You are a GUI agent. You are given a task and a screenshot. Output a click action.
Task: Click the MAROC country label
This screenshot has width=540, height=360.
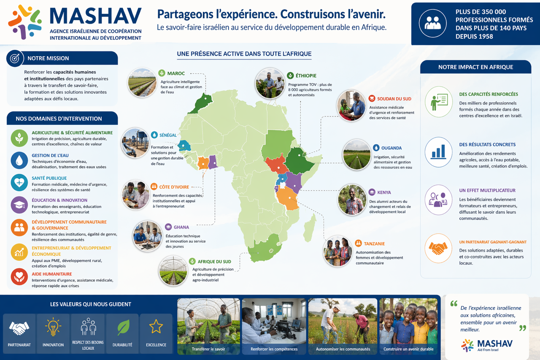point(176,73)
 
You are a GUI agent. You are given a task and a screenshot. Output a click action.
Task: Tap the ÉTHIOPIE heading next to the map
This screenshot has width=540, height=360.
point(306,76)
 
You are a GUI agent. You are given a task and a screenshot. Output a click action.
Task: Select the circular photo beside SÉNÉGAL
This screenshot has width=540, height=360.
point(135,142)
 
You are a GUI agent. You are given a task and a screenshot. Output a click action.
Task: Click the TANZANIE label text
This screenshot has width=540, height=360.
point(374,244)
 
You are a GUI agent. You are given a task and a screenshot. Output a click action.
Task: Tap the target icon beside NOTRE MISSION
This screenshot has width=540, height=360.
point(15,58)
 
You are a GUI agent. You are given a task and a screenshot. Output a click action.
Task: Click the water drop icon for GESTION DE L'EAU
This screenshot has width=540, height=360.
point(19,160)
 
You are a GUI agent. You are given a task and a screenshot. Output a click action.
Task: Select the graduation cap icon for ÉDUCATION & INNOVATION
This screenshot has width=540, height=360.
point(19,205)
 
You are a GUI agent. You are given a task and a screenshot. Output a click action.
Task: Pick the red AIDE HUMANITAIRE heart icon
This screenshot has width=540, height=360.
point(19,276)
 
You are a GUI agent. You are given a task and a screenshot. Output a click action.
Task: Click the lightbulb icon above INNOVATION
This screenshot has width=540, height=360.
point(53,327)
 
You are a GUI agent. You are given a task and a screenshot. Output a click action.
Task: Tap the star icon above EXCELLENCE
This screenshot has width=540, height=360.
point(156,326)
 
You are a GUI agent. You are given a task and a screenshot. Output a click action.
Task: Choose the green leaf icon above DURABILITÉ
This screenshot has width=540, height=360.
point(123,327)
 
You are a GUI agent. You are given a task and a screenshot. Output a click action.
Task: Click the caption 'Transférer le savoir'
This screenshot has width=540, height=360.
point(208,349)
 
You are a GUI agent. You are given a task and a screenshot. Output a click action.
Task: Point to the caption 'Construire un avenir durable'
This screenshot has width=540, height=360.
point(408,349)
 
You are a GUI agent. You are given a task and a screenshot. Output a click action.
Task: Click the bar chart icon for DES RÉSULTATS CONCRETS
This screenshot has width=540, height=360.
point(438,151)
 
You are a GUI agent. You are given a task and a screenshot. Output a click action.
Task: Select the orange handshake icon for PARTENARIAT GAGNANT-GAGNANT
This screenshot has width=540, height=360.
point(438,248)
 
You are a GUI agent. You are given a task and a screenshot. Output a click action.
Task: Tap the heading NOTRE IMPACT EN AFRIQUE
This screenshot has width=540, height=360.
point(475,67)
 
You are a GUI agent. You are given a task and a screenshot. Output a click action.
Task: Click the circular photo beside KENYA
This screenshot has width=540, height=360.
point(352,200)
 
